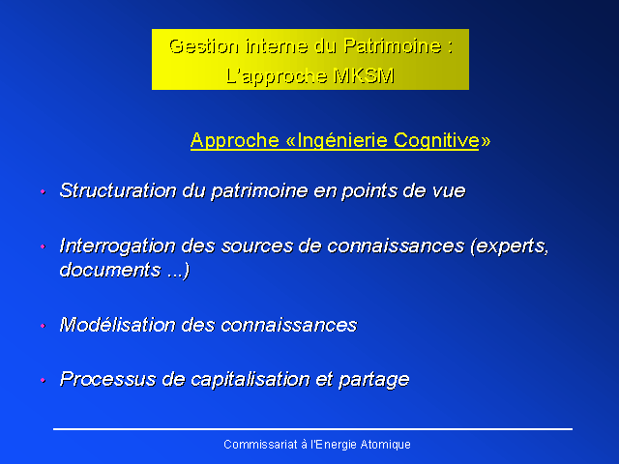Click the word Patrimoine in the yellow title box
click(x=393, y=46)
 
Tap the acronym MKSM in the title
click(x=364, y=75)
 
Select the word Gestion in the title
click(x=204, y=46)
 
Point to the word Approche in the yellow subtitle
click(x=235, y=140)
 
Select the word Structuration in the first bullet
click(x=118, y=190)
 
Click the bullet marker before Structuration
click(x=43, y=192)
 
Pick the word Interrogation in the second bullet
click(x=117, y=246)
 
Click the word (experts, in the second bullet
click(x=510, y=246)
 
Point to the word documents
click(x=110, y=271)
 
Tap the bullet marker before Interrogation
click(x=43, y=247)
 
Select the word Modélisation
click(x=117, y=325)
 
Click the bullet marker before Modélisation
click(x=43, y=326)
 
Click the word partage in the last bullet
click(x=374, y=381)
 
